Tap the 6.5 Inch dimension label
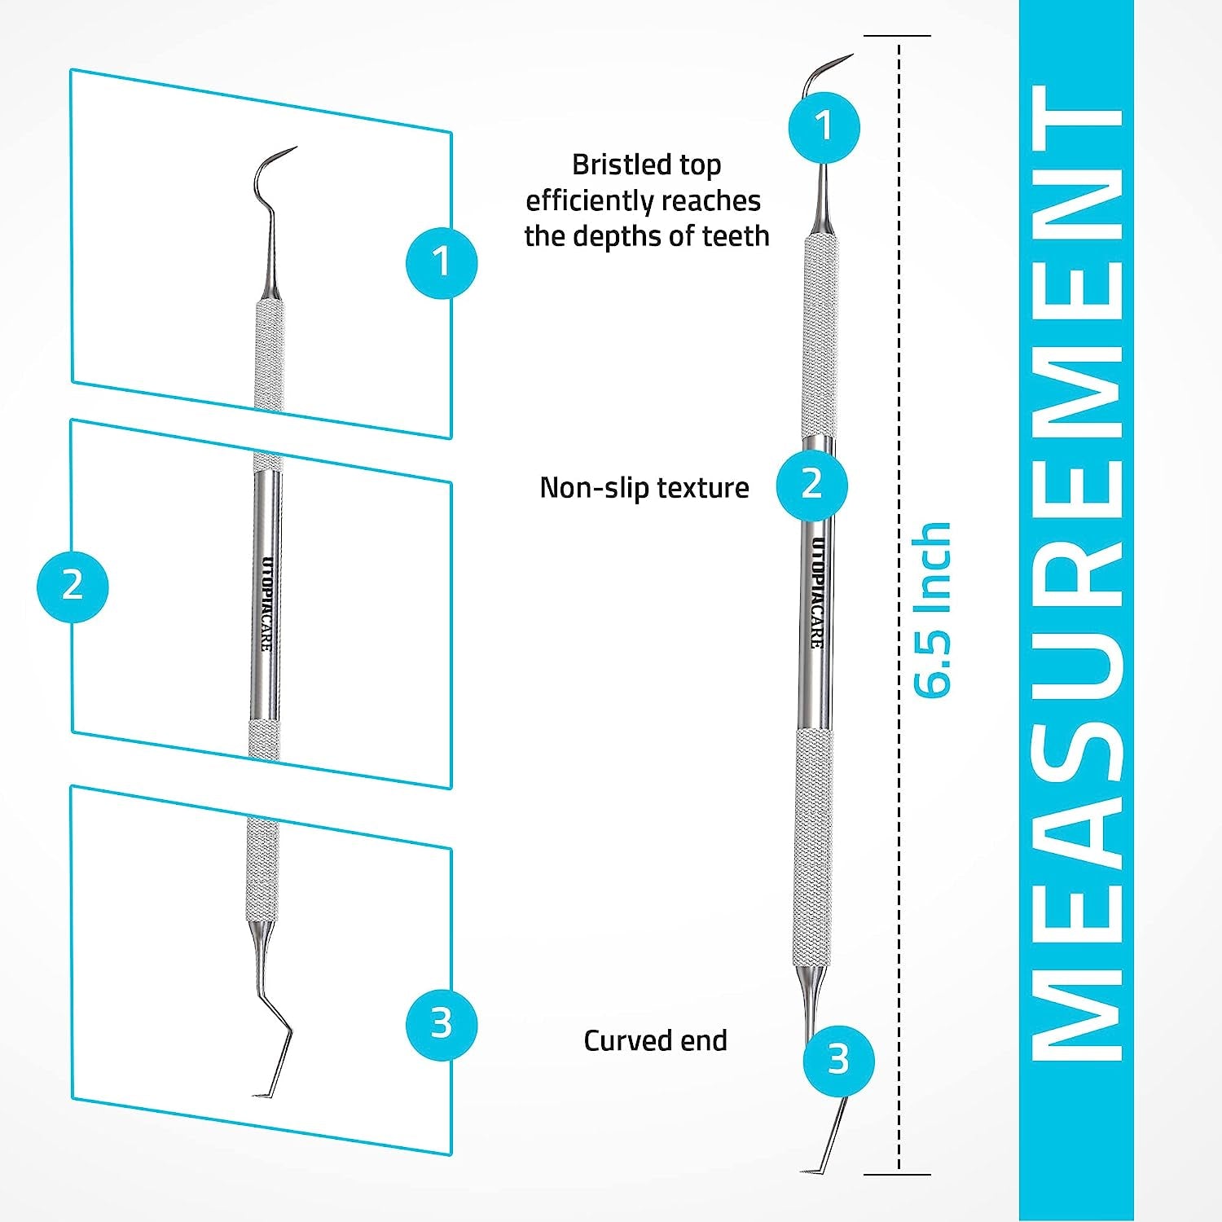pyautogui.click(x=930, y=609)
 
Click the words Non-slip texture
pyautogui.click(x=644, y=487)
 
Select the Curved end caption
pyautogui.click(x=655, y=1040)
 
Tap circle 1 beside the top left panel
pyautogui.click(x=442, y=262)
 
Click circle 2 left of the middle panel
pyautogui.click(x=73, y=586)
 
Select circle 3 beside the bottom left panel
pyautogui.click(x=442, y=1023)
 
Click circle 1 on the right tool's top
pyautogui.click(x=824, y=126)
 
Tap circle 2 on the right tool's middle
pyautogui.click(x=811, y=484)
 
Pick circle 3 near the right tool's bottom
pyautogui.click(x=838, y=1060)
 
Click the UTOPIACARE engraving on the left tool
pyautogui.click(x=266, y=603)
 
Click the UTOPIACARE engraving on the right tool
pyautogui.click(x=817, y=592)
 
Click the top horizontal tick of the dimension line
pyautogui.click(x=897, y=36)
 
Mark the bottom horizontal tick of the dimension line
pyautogui.click(x=897, y=1174)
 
